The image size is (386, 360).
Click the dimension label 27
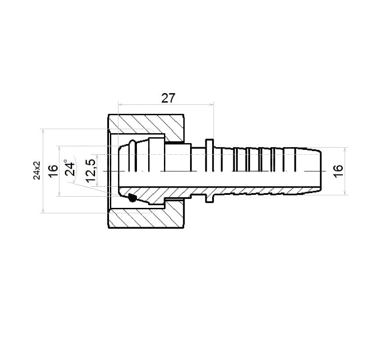click(168, 98)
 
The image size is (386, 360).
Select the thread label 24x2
click(36, 171)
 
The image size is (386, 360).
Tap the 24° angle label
click(70, 168)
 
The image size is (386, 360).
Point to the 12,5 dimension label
click(91, 171)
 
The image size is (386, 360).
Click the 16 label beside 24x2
click(53, 171)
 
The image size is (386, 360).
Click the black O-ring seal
click(132, 197)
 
